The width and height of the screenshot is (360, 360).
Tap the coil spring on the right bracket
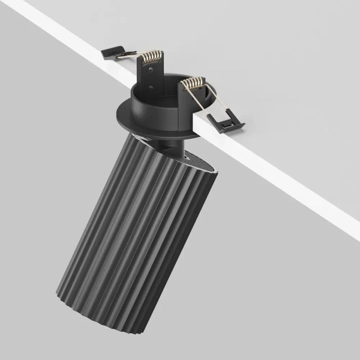pos(193,84)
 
